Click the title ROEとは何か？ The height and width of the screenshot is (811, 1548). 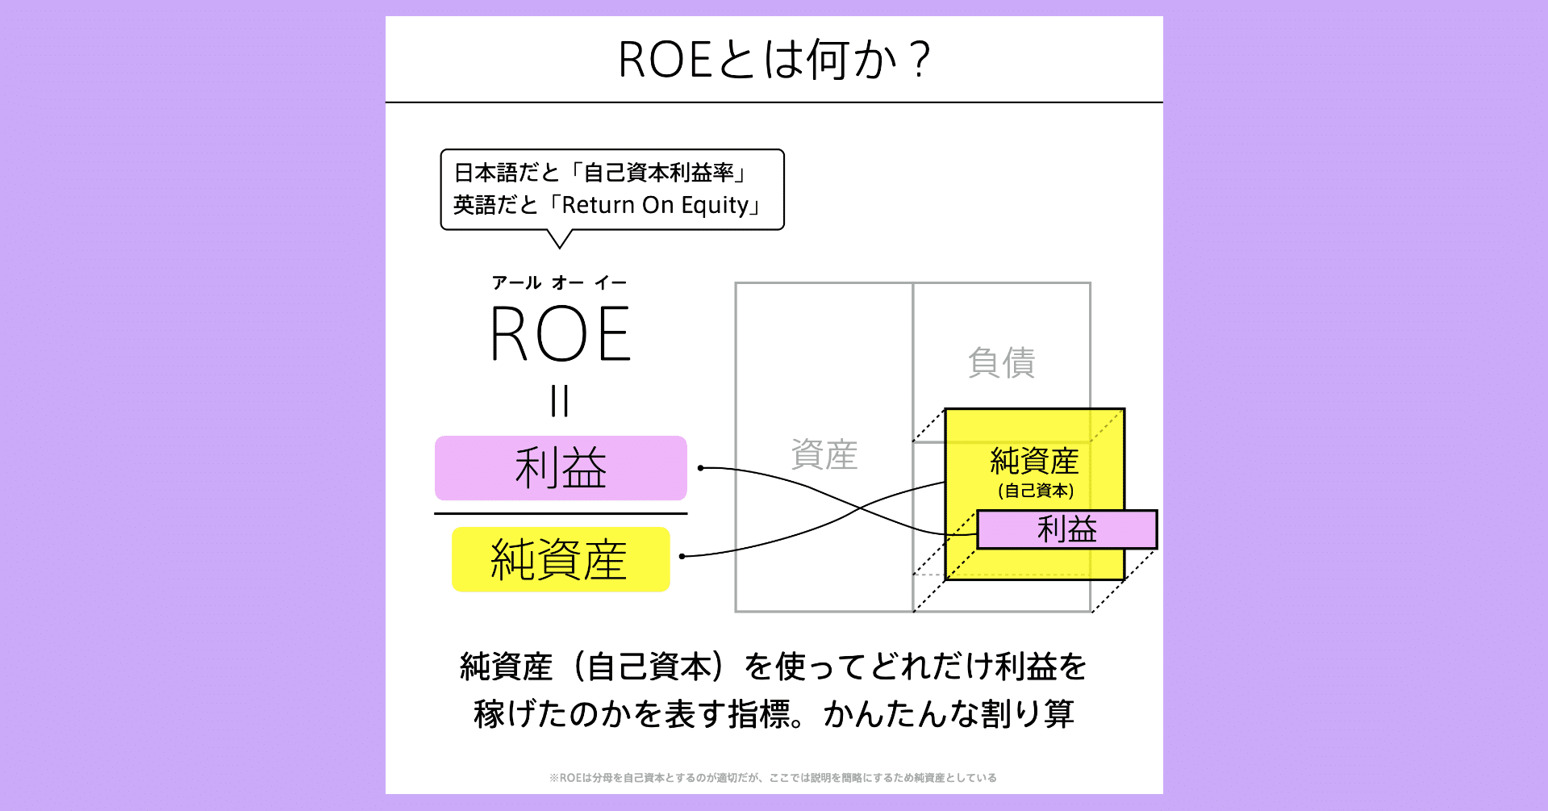click(774, 60)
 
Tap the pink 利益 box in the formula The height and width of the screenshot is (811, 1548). click(561, 468)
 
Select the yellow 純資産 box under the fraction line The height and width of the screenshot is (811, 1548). click(561, 559)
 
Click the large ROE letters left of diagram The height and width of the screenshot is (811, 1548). click(561, 334)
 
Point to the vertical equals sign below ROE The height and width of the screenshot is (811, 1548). click(560, 401)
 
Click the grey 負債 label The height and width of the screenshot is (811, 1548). click(1001, 362)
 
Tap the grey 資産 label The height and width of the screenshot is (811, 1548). click(824, 454)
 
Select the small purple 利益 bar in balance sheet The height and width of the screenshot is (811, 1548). click(1066, 529)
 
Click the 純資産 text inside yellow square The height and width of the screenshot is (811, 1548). click(1034, 462)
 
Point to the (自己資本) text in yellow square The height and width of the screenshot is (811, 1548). click(1036, 491)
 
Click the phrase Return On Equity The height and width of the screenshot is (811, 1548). click(655, 205)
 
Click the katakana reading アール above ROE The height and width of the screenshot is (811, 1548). click(516, 282)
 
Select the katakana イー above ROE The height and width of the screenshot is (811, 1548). click(611, 282)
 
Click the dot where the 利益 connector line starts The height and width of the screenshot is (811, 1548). click(701, 468)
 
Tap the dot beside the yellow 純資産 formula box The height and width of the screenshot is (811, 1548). click(682, 556)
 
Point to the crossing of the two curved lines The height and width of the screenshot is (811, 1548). click(860, 508)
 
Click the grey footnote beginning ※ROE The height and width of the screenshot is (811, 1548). click(773, 778)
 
